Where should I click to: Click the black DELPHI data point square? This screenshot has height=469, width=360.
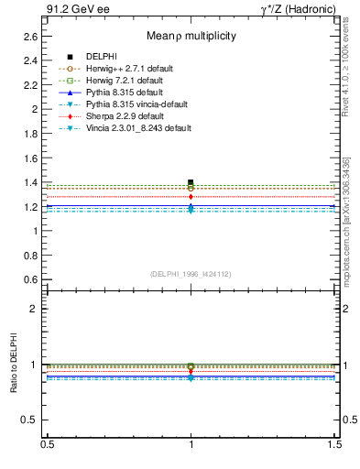click(x=191, y=182)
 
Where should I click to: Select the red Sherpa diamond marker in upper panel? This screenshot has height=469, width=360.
click(x=191, y=196)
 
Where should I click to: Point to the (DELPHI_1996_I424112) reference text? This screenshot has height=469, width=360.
click(x=191, y=273)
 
